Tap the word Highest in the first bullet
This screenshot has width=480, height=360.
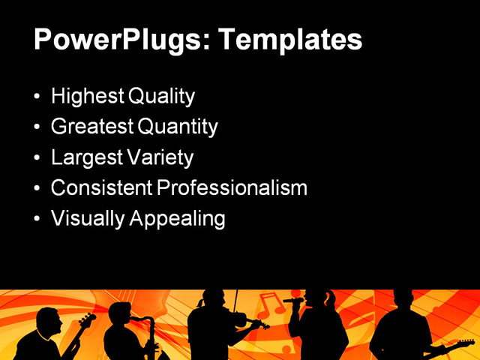[x=87, y=97]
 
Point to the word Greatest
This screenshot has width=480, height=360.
[x=92, y=127]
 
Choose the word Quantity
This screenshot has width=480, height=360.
[x=178, y=127]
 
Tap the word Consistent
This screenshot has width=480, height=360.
[x=101, y=187]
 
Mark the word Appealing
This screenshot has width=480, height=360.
[x=178, y=220]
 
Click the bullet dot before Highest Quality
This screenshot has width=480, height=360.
[x=38, y=97]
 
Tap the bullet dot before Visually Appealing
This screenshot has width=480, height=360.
[x=38, y=219]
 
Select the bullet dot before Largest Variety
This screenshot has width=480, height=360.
[x=38, y=158]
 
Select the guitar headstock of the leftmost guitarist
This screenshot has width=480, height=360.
[x=88, y=319]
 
